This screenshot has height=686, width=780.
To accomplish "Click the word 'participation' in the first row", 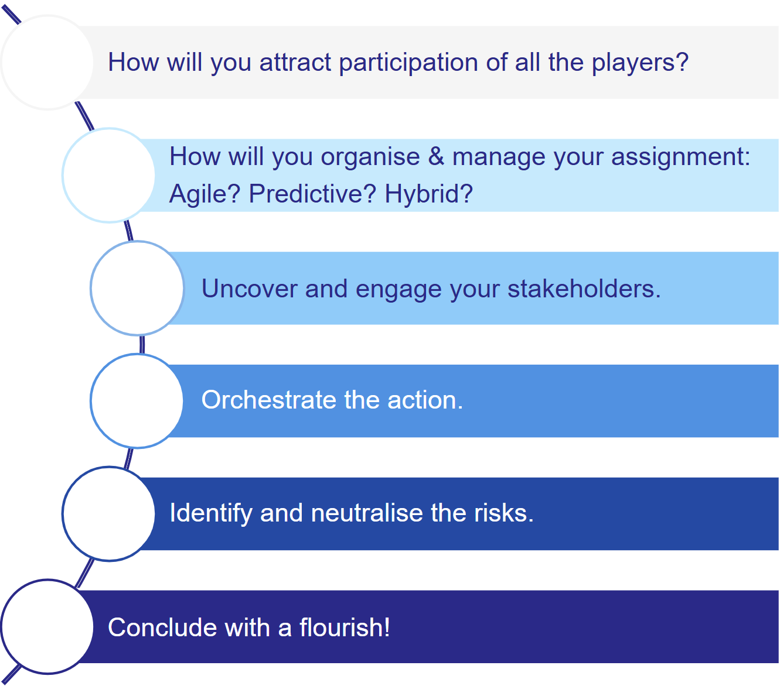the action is (x=408, y=63).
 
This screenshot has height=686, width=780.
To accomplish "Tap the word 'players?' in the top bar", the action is (x=640, y=63).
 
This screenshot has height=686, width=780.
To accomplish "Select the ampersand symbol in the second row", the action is (x=436, y=156).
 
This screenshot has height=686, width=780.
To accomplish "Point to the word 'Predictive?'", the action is (x=312, y=193).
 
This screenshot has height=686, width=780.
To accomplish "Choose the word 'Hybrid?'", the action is (x=428, y=193).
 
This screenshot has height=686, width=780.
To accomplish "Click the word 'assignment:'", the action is (x=681, y=157).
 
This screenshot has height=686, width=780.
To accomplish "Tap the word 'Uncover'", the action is (x=249, y=289).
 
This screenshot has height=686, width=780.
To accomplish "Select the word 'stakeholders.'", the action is (x=584, y=289).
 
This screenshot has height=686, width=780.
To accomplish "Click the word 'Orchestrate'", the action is (x=269, y=400).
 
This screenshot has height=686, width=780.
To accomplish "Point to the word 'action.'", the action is (x=425, y=400).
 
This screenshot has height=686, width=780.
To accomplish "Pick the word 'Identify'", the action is (x=210, y=513).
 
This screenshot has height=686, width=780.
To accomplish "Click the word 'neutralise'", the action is (x=367, y=513).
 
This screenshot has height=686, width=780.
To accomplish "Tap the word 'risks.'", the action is (x=503, y=513).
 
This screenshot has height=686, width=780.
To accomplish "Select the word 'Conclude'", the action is (x=162, y=627).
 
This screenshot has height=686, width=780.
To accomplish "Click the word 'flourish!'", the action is (x=345, y=627).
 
